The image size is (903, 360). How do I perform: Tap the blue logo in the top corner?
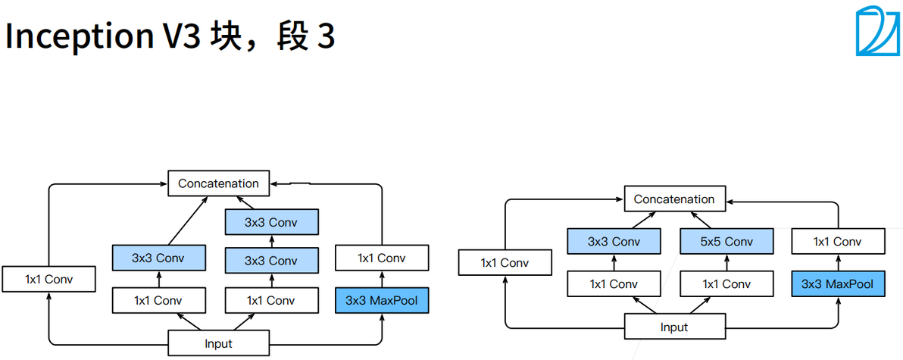876,32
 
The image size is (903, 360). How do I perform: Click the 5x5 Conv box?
726,242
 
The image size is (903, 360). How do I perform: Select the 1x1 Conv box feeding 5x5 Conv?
726,284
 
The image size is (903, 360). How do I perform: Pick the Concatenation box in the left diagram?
218,183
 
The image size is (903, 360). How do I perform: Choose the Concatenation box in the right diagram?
673,199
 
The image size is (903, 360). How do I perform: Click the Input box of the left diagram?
218,343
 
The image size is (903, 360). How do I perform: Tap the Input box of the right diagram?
673,327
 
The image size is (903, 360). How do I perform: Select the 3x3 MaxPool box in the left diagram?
381,300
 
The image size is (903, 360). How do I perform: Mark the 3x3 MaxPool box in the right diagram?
837,284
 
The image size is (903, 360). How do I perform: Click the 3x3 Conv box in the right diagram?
614,242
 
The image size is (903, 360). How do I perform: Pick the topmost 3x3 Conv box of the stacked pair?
270,222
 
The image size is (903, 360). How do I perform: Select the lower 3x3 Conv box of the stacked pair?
270,261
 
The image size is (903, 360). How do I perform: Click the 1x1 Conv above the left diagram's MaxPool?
381,258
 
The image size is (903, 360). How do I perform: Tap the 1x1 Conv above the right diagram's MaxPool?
837,242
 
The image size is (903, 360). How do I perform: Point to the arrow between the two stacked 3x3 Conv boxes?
270,242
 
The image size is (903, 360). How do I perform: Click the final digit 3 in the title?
326,36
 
